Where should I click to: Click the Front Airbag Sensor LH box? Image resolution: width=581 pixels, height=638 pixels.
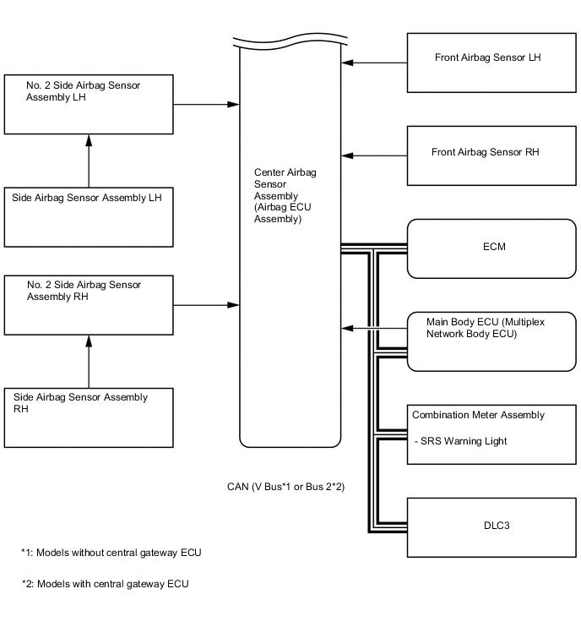pos(491,63)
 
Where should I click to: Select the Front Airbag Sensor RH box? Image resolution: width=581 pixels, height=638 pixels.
pos(491,155)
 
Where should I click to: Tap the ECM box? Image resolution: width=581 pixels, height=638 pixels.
pos(491,248)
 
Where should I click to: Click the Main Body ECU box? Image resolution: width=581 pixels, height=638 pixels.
pos(491,341)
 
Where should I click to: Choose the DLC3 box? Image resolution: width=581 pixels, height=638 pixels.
pos(491,526)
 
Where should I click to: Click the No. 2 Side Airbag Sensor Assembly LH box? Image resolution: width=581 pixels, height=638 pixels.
pos(89,104)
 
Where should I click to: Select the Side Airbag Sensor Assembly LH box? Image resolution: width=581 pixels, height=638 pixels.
pos(89,215)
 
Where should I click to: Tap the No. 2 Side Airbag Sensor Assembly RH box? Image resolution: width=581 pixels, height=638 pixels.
pos(89,303)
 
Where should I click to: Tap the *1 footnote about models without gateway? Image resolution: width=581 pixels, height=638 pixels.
pos(111,553)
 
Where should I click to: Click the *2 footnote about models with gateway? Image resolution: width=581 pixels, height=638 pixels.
pos(106,584)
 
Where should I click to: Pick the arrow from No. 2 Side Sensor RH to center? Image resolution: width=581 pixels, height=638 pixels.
pos(206,303)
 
